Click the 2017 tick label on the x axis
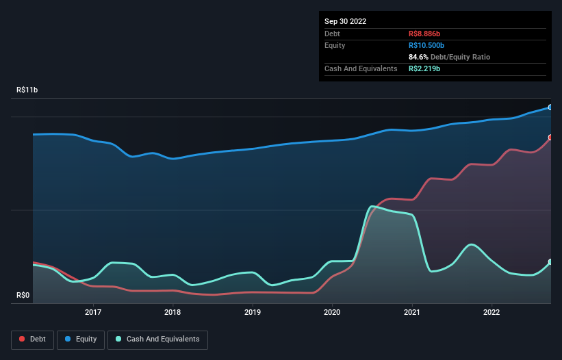(x=93, y=312)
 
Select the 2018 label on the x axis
(x=173, y=312)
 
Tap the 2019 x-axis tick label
(x=253, y=312)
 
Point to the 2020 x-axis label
(x=332, y=312)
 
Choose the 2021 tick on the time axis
(x=412, y=312)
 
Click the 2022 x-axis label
(x=491, y=312)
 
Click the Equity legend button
(x=81, y=339)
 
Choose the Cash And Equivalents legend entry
(x=157, y=339)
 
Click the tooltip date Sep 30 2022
(x=346, y=21)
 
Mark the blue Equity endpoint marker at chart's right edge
(x=550, y=107)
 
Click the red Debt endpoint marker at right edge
(x=550, y=138)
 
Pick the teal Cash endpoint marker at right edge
(x=550, y=262)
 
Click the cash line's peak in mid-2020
(x=372, y=206)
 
